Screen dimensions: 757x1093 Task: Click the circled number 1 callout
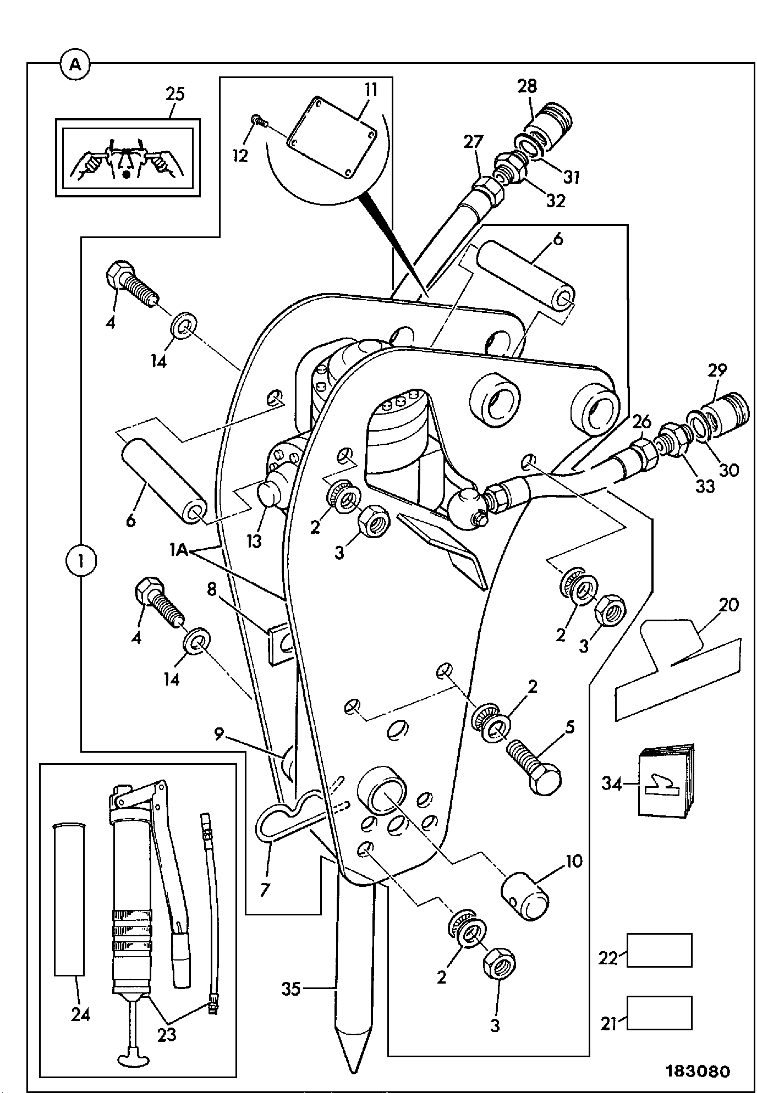click(80, 561)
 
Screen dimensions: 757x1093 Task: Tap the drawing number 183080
click(698, 1071)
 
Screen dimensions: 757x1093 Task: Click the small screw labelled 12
click(258, 121)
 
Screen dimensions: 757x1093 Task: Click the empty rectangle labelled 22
click(659, 950)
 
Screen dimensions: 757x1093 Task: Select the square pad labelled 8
click(281, 644)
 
